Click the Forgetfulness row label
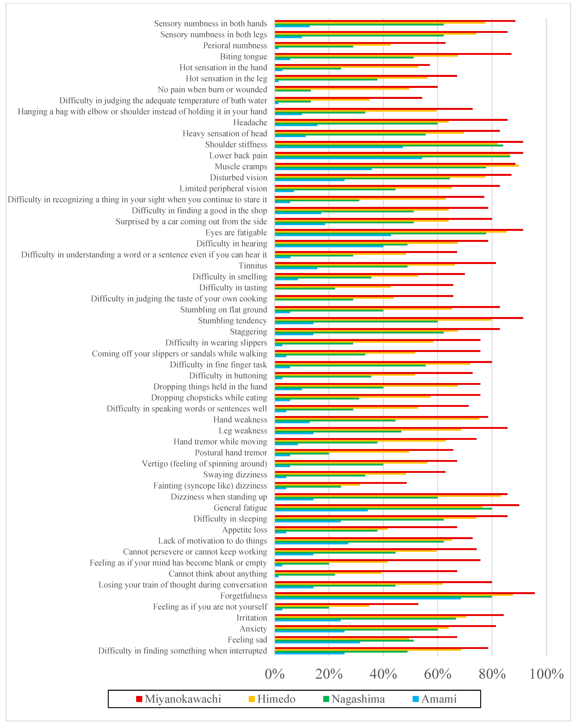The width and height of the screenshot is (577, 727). (243, 596)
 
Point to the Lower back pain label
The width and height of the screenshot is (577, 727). (238, 155)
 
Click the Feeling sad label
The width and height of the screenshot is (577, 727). (247, 640)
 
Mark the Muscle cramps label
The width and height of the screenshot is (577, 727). (241, 167)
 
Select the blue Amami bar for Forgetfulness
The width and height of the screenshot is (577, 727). (368, 598)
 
